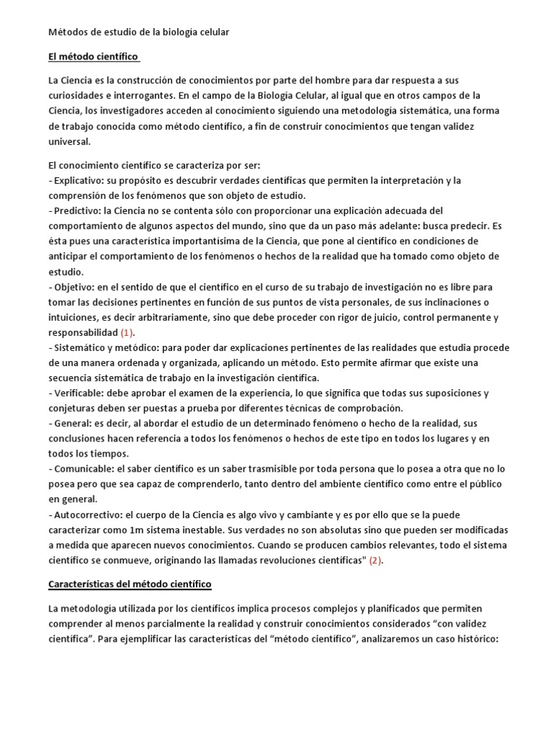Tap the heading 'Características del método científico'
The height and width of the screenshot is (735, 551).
pos(130,585)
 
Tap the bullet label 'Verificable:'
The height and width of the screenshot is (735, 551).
pos(76,393)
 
